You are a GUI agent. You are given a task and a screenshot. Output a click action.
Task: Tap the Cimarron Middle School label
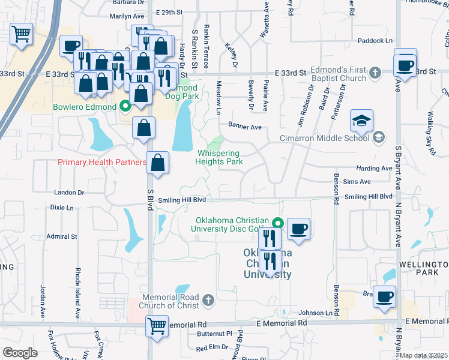[325, 138]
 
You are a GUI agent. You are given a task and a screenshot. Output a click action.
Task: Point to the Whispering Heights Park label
[220, 157]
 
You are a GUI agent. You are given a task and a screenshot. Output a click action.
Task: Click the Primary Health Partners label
[101, 162]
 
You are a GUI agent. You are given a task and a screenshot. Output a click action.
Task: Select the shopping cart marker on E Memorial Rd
[157, 327]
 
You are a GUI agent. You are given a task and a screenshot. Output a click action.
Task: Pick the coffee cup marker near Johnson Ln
[384, 296]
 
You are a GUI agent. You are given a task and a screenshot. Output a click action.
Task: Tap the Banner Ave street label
[244, 127]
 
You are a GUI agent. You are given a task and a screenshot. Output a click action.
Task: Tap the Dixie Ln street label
[62, 208]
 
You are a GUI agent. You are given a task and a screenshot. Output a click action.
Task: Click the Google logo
[20, 353]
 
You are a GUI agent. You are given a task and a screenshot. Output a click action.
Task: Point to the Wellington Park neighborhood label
[423, 268]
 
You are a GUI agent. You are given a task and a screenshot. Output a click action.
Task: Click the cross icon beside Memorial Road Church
[208, 299]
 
